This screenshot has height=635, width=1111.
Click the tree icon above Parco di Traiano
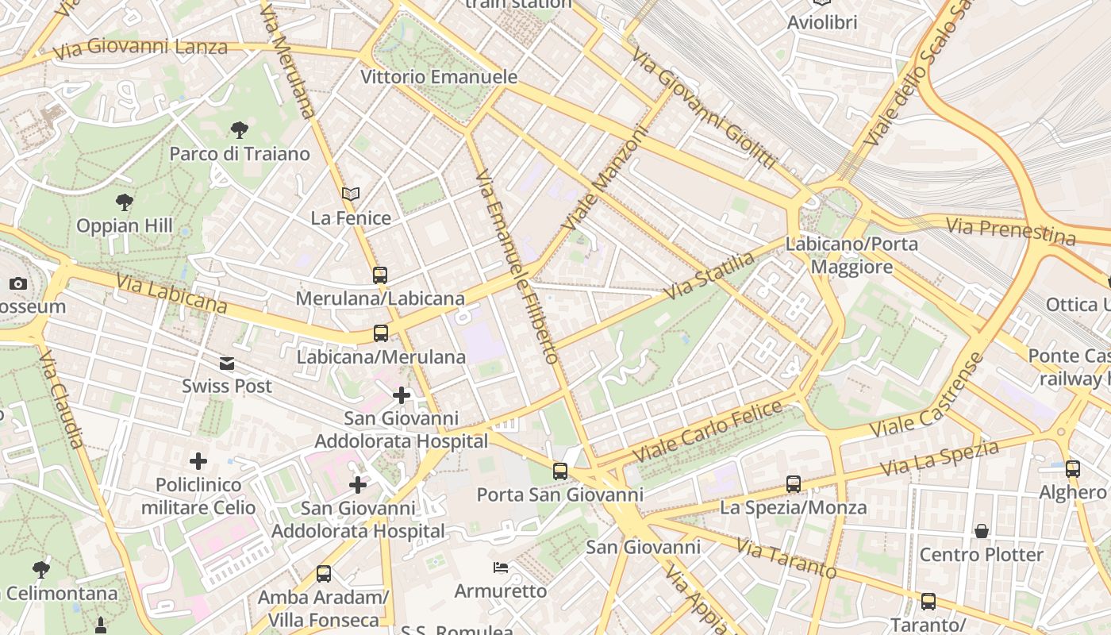(x=238, y=129)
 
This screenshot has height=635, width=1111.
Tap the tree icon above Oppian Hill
(x=125, y=202)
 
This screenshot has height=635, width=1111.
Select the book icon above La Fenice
(x=351, y=194)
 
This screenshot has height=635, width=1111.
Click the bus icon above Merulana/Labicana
(x=380, y=275)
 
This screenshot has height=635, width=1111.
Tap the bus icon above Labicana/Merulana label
(x=381, y=333)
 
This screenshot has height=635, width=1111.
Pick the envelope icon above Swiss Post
(x=227, y=364)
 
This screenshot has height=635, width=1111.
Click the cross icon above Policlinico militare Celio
(x=198, y=460)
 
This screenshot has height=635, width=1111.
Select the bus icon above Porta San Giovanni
(x=560, y=471)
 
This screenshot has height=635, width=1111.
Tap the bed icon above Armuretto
(x=501, y=567)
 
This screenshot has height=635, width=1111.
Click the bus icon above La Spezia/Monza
(x=793, y=483)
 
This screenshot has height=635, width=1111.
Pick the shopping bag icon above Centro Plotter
(x=982, y=530)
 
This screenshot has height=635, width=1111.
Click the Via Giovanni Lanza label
(x=140, y=48)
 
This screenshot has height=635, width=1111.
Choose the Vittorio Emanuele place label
(x=439, y=77)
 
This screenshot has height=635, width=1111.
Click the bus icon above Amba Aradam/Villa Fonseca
(x=323, y=573)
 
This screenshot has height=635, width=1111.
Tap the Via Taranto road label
(x=786, y=558)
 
